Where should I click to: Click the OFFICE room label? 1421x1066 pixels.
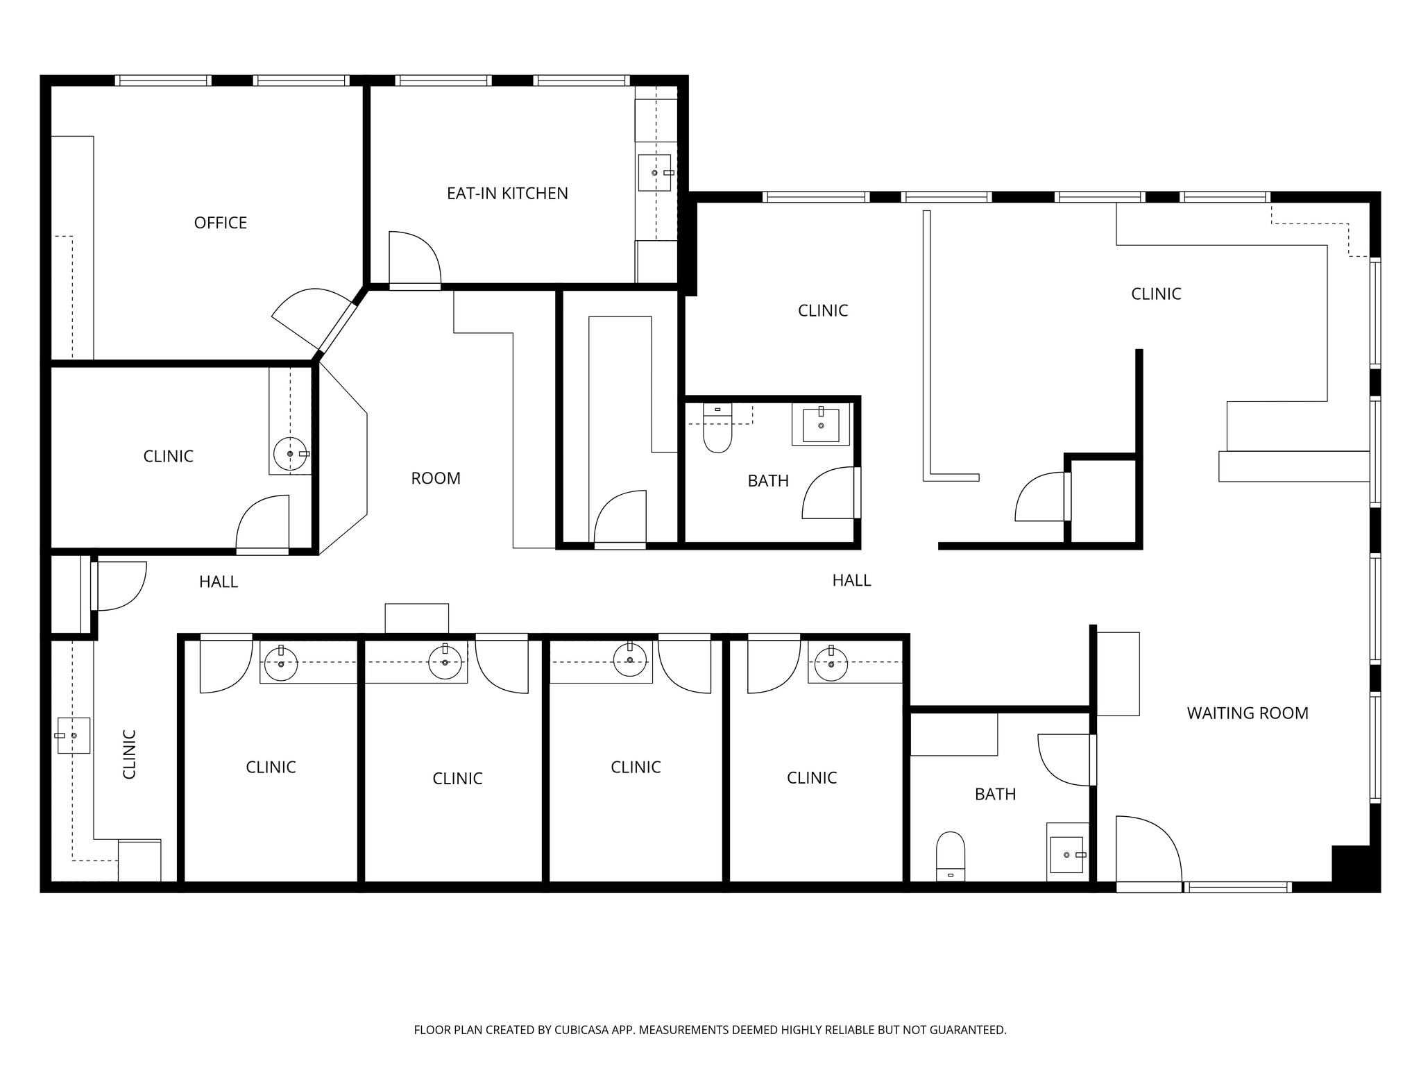pos(221,223)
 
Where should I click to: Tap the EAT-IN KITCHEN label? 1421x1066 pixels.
pos(507,194)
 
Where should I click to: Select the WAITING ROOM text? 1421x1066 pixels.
pos(1248,713)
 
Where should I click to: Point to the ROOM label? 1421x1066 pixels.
pos(436,478)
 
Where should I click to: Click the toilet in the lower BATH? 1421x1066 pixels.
pos(951,856)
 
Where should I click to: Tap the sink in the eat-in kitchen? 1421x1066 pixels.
pos(655,172)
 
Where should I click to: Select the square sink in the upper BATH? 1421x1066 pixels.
pos(821,425)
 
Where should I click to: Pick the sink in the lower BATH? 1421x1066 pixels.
pos(1067,854)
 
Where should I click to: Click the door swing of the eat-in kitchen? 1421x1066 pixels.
pos(415,258)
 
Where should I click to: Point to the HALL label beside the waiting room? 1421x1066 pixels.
pos(851,580)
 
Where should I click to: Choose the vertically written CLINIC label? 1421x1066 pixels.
pos(129,754)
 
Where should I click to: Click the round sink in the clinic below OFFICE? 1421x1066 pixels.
pos(291,454)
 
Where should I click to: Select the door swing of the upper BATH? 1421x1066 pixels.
pos(829,493)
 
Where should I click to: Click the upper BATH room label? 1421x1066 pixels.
pos(768,481)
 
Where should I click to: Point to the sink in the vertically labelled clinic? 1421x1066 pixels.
pos(73,735)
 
